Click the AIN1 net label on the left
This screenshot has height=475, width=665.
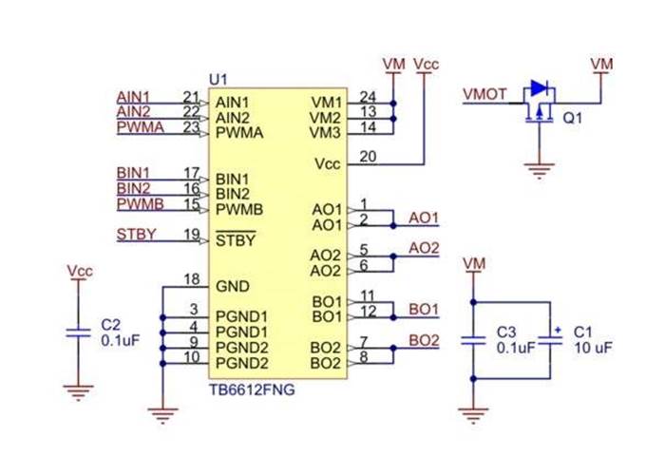pos(133,97)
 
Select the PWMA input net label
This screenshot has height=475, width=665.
pos(137,127)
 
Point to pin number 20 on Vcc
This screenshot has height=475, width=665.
pos(368,158)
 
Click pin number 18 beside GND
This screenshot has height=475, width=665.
pos(192,279)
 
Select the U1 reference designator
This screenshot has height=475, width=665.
pos(218,78)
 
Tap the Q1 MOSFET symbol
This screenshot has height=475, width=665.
pos(539,103)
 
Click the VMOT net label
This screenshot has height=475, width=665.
pos(484,94)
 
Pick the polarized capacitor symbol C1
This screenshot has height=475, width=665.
pos(550,339)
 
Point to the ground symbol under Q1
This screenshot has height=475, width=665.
pos(539,170)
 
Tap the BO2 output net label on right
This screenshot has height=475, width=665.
pos(424,340)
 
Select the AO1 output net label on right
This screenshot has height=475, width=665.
pos(424,218)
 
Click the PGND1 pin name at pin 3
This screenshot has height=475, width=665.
pos(242,315)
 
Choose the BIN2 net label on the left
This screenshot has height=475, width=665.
pos(133,188)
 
